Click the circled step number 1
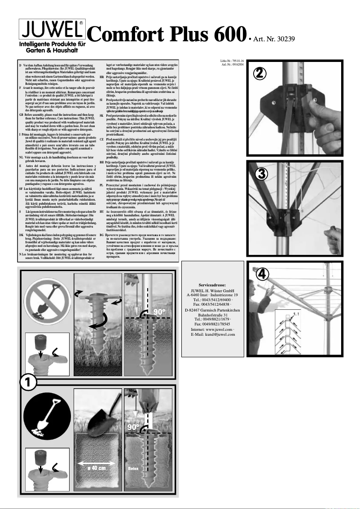click(x=28, y=382)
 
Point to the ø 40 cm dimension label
click(x=96, y=468)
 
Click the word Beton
click(x=133, y=468)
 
